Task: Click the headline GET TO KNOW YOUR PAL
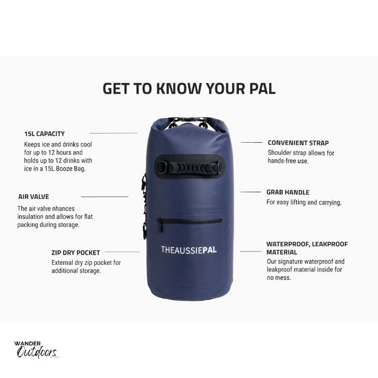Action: (189, 88)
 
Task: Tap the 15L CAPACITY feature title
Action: (44, 134)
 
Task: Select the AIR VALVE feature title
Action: (33, 197)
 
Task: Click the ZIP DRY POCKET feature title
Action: (76, 253)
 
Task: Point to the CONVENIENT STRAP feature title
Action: (298, 143)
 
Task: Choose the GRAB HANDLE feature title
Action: (288, 192)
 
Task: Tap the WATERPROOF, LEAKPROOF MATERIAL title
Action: (307, 248)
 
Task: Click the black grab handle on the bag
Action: (189, 167)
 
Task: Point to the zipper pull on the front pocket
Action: (160, 226)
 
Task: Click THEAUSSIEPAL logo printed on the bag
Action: (189, 250)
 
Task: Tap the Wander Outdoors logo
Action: (36, 350)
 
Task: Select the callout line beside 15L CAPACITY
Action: (114, 133)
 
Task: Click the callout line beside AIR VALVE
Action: (105, 197)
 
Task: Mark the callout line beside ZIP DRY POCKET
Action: (122, 252)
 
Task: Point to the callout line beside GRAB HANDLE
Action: (250, 192)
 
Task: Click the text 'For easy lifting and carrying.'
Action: (304, 202)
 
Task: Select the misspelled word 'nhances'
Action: (64, 209)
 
